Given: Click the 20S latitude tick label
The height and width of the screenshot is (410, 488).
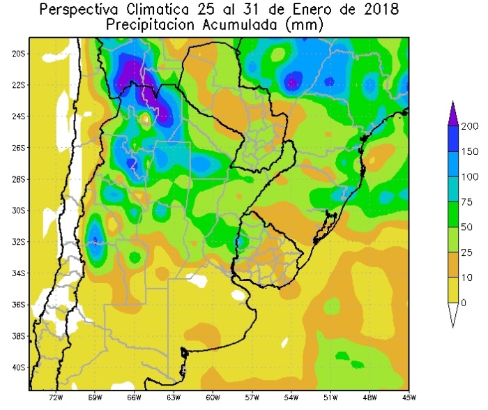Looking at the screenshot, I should [x=19, y=53].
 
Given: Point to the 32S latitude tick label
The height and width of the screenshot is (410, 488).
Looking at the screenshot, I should [x=19, y=242].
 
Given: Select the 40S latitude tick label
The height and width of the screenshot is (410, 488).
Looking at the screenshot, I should [x=19, y=367].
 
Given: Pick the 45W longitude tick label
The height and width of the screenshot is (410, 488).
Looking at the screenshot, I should [x=408, y=398].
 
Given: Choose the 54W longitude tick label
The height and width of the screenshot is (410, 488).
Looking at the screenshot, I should [x=291, y=398].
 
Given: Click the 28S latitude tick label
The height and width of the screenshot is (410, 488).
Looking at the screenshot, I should [x=19, y=179].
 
